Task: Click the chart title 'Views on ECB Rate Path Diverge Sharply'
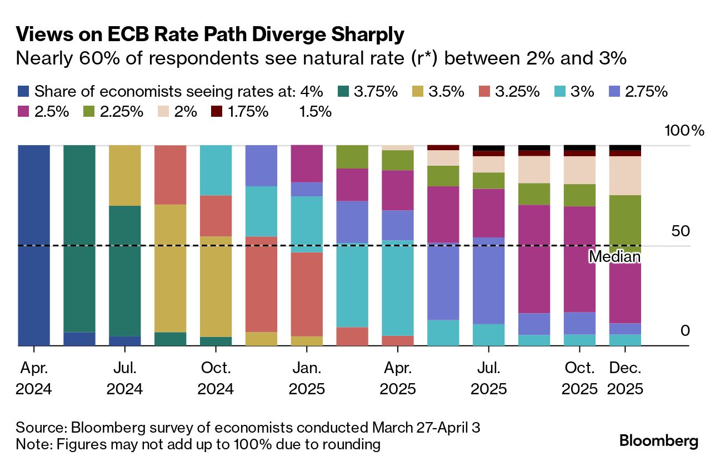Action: coord(209,35)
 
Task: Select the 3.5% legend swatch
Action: coord(416,92)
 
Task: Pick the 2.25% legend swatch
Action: coord(88,111)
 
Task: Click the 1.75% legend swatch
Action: coord(217,111)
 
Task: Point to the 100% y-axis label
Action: coord(684,131)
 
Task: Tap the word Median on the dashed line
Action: coord(614,257)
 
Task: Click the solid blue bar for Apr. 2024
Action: coord(34,245)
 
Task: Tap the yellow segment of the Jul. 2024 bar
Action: coord(125,175)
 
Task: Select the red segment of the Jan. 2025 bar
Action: coord(307,294)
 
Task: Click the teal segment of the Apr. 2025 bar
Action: coord(397,287)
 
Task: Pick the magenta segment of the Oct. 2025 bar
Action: coord(579,259)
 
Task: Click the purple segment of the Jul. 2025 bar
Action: coord(488,280)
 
